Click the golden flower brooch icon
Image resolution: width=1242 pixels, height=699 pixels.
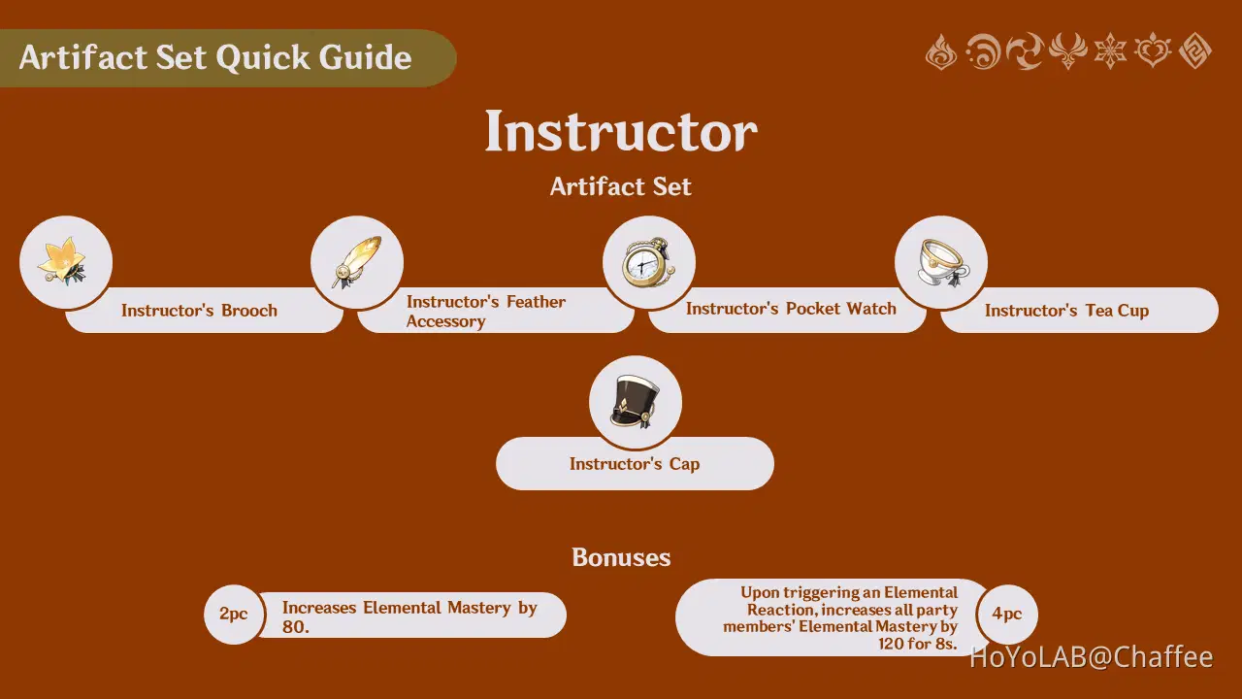tap(63, 261)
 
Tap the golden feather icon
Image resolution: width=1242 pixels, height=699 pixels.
tap(356, 262)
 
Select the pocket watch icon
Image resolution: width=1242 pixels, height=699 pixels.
tap(647, 262)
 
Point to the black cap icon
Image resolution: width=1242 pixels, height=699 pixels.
tap(635, 402)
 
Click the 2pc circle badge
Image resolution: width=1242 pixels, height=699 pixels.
tap(234, 615)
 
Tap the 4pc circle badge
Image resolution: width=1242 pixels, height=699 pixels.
tap(1007, 615)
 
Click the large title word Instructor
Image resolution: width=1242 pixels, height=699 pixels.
tap(621, 131)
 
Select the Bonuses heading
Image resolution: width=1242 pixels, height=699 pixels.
tap(621, 557)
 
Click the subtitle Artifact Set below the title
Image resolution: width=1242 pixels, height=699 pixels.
tap(620, 186)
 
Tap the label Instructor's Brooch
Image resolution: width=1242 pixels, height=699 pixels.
tap(199, 310)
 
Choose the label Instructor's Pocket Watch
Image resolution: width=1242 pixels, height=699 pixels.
tap(791, 309)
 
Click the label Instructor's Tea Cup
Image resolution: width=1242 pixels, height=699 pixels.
tap(1066, 311)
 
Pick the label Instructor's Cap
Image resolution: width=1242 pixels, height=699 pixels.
tap(635, 464)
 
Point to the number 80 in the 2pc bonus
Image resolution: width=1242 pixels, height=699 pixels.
tap(293, 627)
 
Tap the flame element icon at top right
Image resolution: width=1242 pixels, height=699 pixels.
tap(941, 51)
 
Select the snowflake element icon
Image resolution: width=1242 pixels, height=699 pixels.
tap(1110, 51)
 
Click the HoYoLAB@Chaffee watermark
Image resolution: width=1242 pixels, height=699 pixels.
tap(1092, 657)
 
